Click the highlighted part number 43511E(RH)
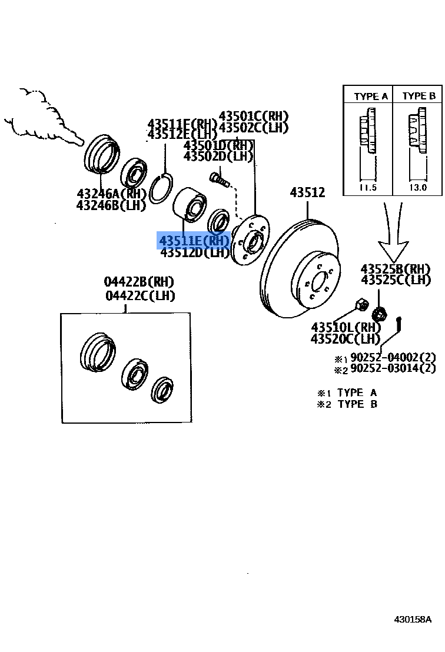(192, 240)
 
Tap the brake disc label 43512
(307, 192)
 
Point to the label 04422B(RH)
(140, 282)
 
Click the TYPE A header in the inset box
(371, 96)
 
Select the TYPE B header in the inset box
(419, 96)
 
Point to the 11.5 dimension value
(367, 188)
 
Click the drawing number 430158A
(413, 620)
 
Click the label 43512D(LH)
(194, 252)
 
